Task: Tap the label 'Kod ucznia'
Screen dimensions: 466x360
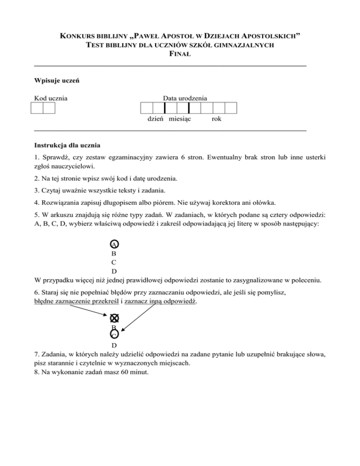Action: (51, 98)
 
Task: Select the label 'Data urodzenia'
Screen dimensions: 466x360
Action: (185, 98)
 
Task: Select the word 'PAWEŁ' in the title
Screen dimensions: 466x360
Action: (139, 36)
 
